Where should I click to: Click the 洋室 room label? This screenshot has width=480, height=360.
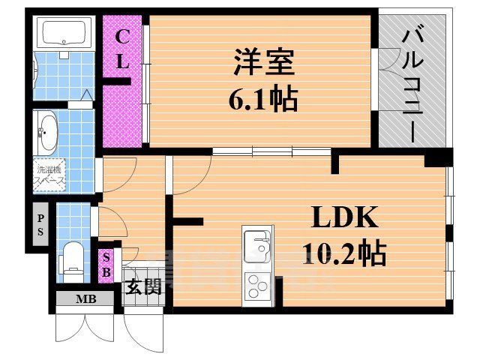262,62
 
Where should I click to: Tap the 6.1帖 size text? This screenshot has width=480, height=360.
262,97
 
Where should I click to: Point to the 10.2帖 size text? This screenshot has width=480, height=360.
344,253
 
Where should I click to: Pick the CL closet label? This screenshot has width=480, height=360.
122,49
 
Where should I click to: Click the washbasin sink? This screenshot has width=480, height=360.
47,133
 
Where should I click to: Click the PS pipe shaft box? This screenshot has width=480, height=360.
41,223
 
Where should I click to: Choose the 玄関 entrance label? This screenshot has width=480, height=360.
142,286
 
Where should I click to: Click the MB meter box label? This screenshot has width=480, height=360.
85,300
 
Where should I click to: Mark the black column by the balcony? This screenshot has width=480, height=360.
437,158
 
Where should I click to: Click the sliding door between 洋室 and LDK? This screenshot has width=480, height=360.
271,151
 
